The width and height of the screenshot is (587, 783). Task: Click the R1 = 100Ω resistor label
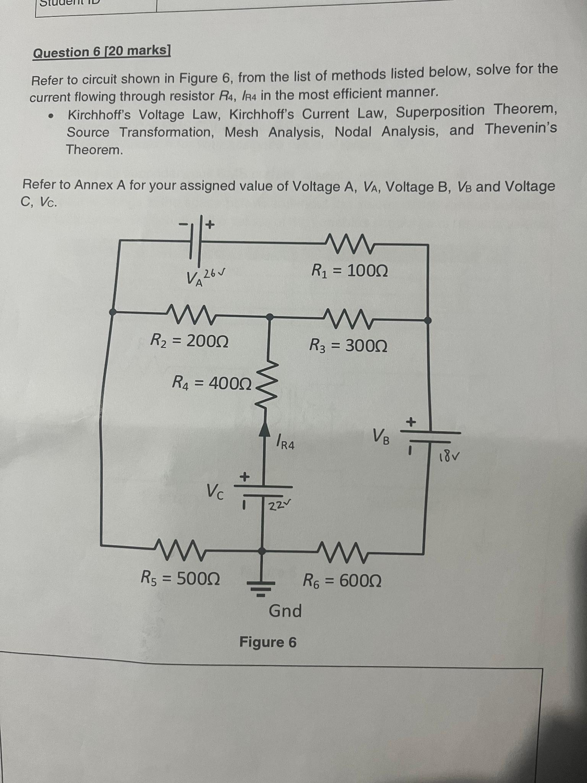350,271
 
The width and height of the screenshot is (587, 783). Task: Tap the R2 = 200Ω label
190,340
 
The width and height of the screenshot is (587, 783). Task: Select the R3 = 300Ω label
348,346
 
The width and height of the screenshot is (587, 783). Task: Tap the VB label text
381,436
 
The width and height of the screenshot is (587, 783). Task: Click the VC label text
215,492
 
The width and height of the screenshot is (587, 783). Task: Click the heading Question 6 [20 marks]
102,52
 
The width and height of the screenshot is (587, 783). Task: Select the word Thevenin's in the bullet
521,129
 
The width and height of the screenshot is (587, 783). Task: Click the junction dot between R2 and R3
269,317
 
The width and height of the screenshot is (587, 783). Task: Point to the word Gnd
285,611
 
